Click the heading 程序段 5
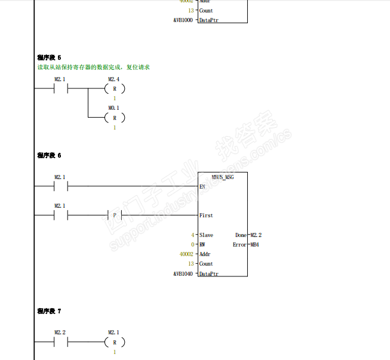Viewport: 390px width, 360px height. click(x=49, y=57)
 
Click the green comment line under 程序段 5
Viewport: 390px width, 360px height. click(x=93, y=67)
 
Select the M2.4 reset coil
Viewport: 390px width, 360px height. click(x=114, y=89)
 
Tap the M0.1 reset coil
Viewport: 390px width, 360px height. click(x=114, y=118)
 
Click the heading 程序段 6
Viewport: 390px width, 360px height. click(x=49, y=155)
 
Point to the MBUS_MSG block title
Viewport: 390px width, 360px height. click(x=223, y=177)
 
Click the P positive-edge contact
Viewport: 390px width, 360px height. click(x=114, y=215)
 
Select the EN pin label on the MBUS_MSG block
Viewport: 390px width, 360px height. click(x=202, y=187)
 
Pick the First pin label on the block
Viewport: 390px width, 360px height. click(x=206, y=215)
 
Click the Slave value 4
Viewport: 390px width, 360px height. click(x=192, y=235)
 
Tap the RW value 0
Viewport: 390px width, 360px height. click(x=192, y=245)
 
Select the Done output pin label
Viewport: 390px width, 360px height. click(x=241, y=235)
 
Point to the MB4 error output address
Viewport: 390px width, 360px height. click(x=254, y=245)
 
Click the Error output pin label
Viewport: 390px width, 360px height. click(x=239, y=245)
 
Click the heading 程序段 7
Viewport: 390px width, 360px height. click(x=49, y=311)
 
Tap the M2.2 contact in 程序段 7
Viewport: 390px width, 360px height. click(x=60, y=342)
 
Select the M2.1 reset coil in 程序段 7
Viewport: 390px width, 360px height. click(x=114, y=342)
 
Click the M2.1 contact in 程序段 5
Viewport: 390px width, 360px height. click(x=60, y=89)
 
